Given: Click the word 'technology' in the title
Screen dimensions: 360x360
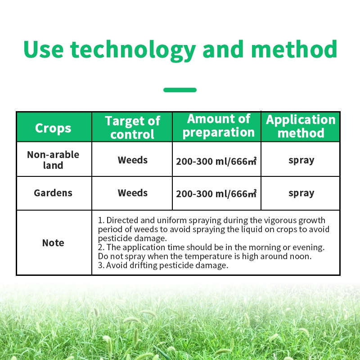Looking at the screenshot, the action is pos(133,50).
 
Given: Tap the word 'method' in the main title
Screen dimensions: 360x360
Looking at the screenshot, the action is pos(294,49).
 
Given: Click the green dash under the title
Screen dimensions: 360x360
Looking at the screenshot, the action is pos(180,90).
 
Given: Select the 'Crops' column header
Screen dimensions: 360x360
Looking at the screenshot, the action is pos(53,128).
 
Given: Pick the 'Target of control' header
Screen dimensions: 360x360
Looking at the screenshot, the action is pos(132,127).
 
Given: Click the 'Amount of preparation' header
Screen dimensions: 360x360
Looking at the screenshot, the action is pos(219,126).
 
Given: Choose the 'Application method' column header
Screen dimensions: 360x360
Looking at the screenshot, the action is pos(301,126).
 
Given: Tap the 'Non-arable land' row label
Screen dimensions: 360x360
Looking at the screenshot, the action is pos(53,160).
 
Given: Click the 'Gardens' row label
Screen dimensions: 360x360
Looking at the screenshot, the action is pos(53,193).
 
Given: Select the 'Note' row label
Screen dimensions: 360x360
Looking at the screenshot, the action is pos(53,243).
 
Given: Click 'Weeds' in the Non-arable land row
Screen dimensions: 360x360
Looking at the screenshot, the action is pos(132,160).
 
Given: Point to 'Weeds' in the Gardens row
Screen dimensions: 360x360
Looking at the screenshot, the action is pos(132,193).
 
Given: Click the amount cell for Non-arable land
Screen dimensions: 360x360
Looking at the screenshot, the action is pos(216,161).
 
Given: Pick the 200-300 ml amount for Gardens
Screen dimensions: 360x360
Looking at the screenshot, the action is pos(216,193).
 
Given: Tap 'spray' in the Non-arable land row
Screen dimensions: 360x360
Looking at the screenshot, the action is pos(301,161).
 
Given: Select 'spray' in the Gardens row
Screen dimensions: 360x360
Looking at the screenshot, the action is pos(301,193).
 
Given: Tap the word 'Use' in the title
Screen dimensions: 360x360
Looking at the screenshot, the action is pos(43,49).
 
